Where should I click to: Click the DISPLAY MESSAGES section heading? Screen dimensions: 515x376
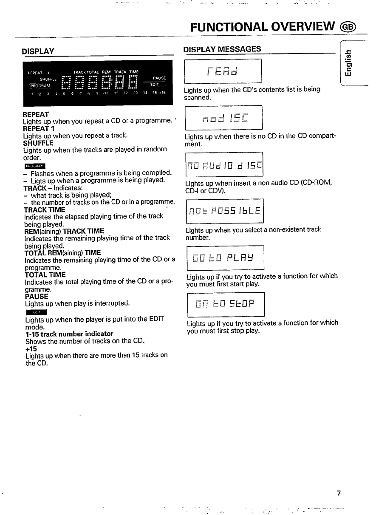tap(222, 49)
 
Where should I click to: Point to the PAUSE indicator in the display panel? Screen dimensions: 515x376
tap(159, 78)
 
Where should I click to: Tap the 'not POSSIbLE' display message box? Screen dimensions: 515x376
tap(224, 210)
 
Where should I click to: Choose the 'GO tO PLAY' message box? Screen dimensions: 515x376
tap(225, 257)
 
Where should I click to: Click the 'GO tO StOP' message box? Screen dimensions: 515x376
tap(225, 304)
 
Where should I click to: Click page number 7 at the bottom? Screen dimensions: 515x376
tap(339, 493)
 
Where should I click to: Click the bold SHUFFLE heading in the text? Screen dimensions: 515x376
tap(38, 143)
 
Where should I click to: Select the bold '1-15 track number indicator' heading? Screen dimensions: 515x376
tap(69, 334)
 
